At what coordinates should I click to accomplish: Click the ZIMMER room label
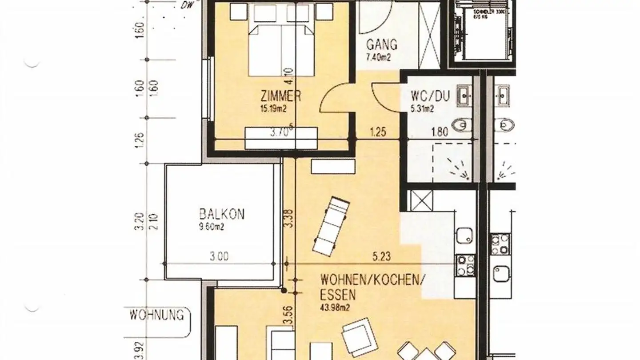coord(281,96)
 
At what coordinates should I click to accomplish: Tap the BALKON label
coord(221,214)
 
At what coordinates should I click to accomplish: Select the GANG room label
coord(381,45)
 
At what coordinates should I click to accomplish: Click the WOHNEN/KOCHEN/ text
coord(372,280)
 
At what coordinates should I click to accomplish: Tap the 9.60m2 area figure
coord(211,227)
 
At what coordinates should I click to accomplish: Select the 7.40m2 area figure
coord(378,57)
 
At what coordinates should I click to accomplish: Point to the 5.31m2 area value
coord(422,108)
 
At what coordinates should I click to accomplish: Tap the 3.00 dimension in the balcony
coord(220,256)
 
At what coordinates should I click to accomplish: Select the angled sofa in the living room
coord(331,226)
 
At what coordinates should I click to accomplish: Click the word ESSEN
coord(338,294)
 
